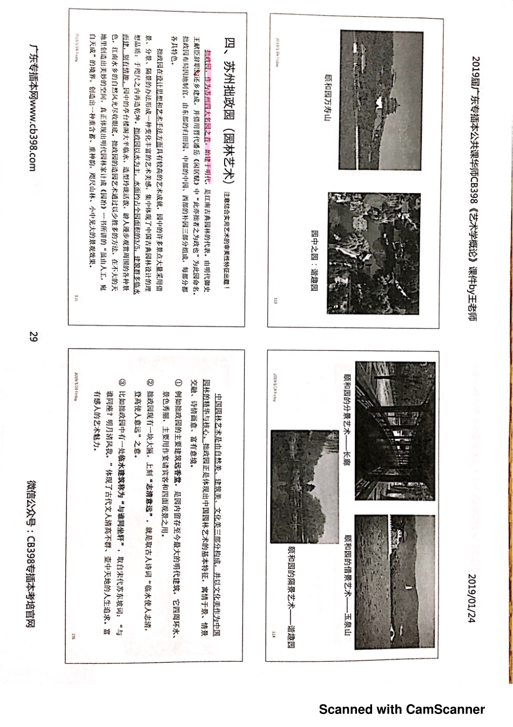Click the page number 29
point(32,337)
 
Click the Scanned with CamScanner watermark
point(402,709)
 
